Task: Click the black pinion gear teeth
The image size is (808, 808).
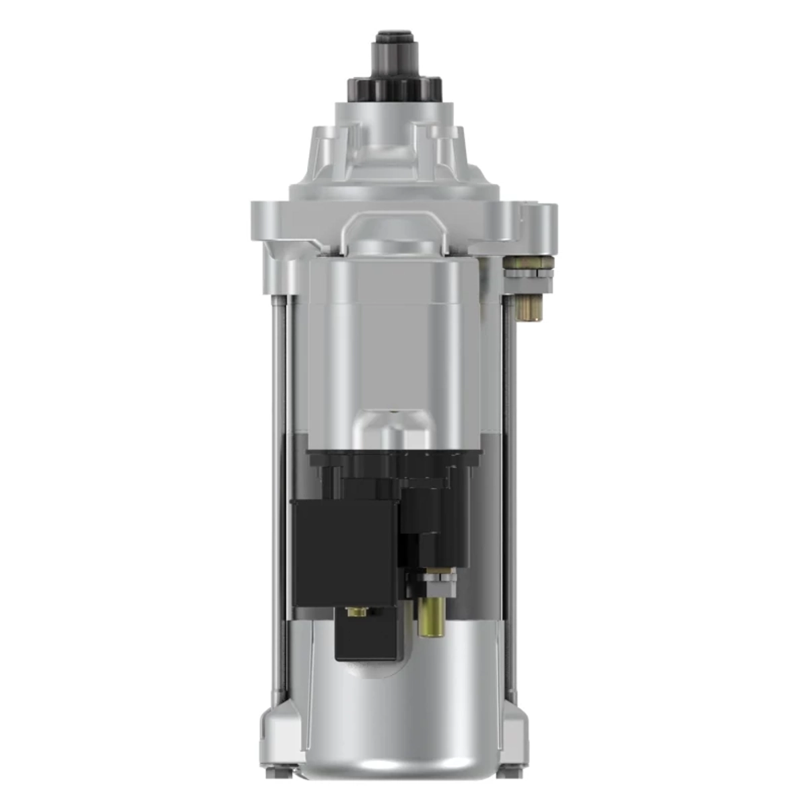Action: click(x=394, y=87)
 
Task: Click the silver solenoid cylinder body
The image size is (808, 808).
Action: click(x=394, y=337)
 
